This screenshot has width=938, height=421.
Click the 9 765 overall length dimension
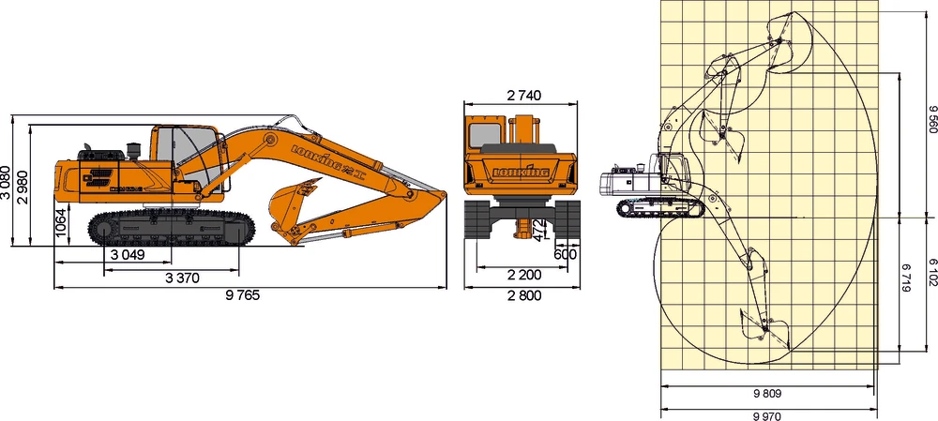[x=242, y=295]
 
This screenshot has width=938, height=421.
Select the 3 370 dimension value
[x=182, y=278]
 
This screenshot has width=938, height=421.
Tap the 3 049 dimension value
[x=128, y=255]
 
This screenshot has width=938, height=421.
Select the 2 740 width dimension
[x=524, y=95]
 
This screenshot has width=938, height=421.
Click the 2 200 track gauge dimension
[x=523, y=276]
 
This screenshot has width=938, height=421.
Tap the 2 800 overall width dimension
[x=523, y=295]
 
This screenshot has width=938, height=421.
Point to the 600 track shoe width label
[x=566, y=254]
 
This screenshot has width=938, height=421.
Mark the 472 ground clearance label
[x=538, y=230]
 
